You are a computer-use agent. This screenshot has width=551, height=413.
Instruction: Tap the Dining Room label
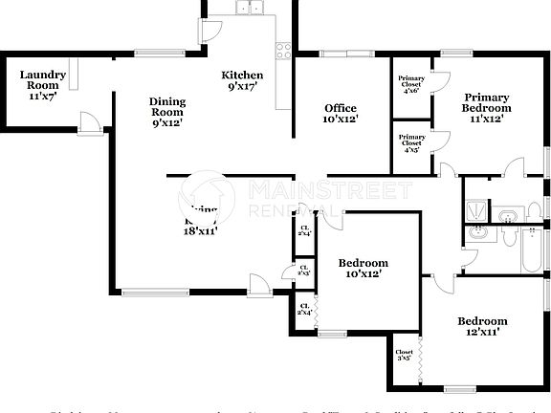(167, 112)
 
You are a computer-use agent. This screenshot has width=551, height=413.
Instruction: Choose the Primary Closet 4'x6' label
(412, 85)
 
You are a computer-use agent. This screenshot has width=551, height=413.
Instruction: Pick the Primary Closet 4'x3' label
(412, 142)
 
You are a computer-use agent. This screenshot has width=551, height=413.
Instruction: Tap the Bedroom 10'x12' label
(364, 268)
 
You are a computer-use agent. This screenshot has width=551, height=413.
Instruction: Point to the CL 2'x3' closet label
(304, 271)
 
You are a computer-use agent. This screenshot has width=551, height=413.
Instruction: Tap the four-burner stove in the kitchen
(282, 49)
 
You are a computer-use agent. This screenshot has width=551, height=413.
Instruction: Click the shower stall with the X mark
(475, 208)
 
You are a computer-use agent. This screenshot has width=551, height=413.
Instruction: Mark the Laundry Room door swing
(88, 121)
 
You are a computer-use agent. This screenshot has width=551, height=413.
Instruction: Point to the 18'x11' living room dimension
(202, 229)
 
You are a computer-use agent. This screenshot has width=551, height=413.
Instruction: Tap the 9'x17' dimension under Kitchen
(242, 88)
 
